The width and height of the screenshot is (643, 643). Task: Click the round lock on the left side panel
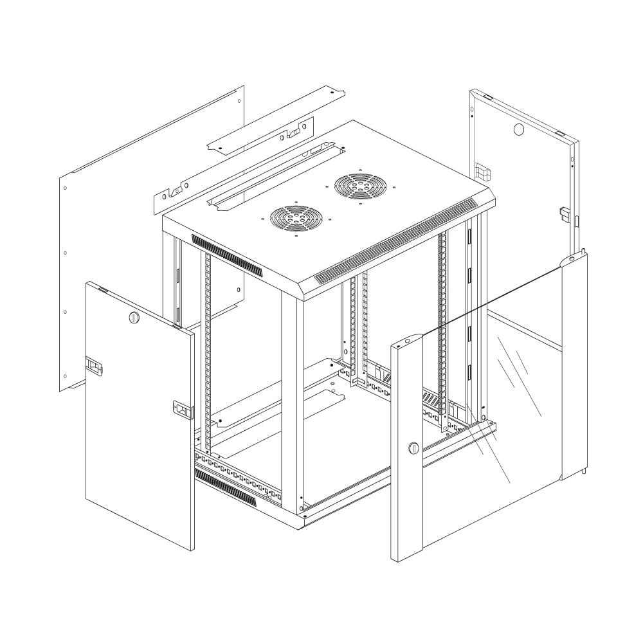[x=134, y=316]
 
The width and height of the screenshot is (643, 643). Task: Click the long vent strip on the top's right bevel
[x=399, y=243]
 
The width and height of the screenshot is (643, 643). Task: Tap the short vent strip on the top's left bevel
[x=228, y=256]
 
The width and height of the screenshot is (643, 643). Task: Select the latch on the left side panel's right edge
[x=183, y=409]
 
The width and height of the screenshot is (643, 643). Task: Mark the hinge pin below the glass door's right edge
[x=585, y=471]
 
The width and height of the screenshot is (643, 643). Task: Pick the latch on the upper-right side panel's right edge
[x=563, y=213]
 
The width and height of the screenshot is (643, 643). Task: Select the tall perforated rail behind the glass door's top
[x=442, y=321]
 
